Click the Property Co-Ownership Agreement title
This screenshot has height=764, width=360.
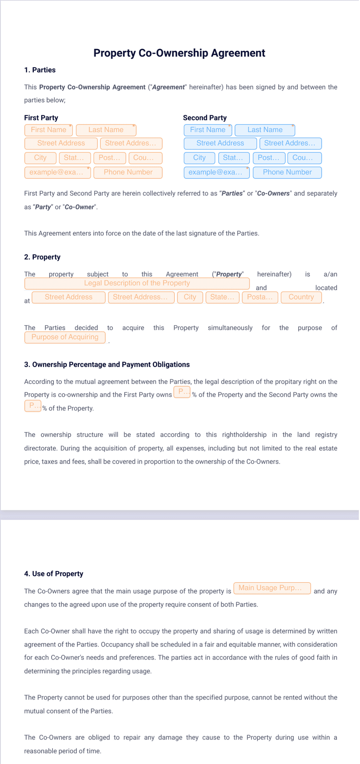pyautogui.click(x=179, y=53)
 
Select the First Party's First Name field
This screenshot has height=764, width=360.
pyautogui.click(x=49, y=130)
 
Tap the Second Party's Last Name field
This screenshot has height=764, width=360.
pyautogui.click(x=265, y=130)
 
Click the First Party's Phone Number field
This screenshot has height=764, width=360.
pyautogui.click(x=128, y=172)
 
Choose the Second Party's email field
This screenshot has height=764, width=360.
pyautogui.click(x=216, y=172)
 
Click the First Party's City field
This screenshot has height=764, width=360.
pyautogui.click(x=40, y=158)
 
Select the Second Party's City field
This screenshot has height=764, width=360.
pyautogui.click(x=199, y=158)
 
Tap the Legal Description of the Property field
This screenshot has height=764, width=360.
pyautogui.click(x=137, y=283)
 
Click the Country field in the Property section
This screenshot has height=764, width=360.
pyautogui.click(x=301, y=297)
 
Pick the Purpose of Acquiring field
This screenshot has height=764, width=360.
pyautogui.click(x=65, y=337)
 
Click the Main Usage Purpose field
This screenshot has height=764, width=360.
pyautogui.click(x=272, y=588)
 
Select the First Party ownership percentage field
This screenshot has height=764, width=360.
pyautogui.click(x=182, y=392)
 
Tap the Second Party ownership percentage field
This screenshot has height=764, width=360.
pyautogui.click(x=33, y=406)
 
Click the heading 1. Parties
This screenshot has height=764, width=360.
pyautogui.click(x=40, y=70)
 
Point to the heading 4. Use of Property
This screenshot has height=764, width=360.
pyautogui.click(x=53, y=574)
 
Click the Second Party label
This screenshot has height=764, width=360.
pyautogui.click(x=205, y=118)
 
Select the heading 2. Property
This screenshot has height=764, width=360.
pyautogui.click(x=42, y=257)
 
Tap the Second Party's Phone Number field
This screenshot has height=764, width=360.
pyautogui.click(x=287, y=172)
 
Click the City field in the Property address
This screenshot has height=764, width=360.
pyautogui.click(x=190, y=297)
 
